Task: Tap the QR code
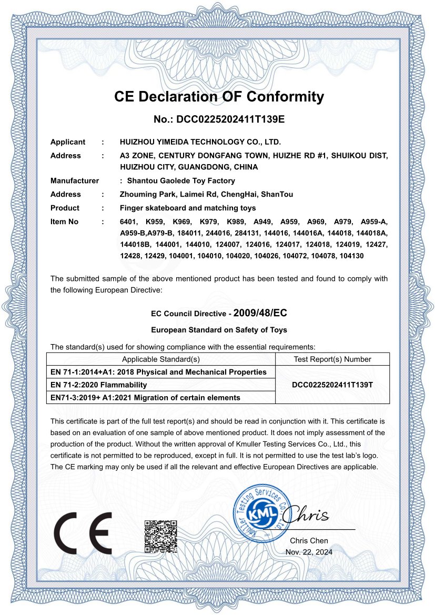click(x=160, y=536)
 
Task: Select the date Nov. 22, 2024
click(x=309, y=552)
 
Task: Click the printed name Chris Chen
click(x=309, y=540)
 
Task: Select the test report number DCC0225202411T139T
click(x=332, y=385)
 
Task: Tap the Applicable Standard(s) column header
click(x=161, y=359)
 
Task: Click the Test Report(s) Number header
click(x=332, y=359)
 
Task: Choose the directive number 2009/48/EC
click(x=260, y=312)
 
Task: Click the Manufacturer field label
click(x=75, y=180)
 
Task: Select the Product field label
click(x=65, y=208)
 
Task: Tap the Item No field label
click(x=64, y=221)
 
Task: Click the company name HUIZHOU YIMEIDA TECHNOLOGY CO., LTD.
click(x=200, y=142)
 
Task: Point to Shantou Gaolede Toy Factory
click(x=170, y=180)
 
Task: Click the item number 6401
click(x=128, y=221)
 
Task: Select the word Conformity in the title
click(x=285, y=97)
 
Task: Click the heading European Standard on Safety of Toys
click(x=219, y=330)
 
